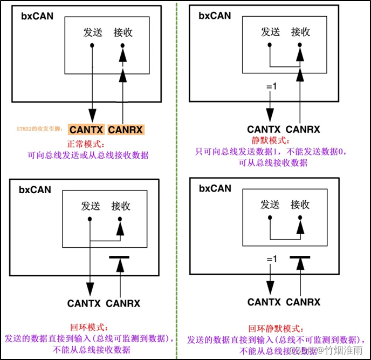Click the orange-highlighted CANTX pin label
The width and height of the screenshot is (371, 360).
(87, 130)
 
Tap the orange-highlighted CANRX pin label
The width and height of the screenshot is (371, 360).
(125, 130)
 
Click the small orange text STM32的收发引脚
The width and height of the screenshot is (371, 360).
(40, 130)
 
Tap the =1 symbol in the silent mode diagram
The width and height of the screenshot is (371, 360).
(271, 86)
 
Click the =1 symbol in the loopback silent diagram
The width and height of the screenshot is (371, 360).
(271, 260)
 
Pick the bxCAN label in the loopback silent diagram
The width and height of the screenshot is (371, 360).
(215, 188)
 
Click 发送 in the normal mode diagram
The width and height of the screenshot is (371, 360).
(93, 32)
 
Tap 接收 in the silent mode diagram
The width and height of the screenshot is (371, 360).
(300, 32)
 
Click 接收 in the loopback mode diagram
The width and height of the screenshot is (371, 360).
(120, 206)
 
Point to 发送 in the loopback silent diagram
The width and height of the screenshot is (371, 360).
(270, 205)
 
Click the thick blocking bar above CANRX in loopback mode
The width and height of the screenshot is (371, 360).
(120, 257)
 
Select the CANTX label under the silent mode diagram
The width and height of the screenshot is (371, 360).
(264, 130)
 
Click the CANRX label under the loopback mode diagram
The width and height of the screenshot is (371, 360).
(123, 303)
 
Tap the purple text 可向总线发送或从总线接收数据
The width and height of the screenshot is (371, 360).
(88, 155)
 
